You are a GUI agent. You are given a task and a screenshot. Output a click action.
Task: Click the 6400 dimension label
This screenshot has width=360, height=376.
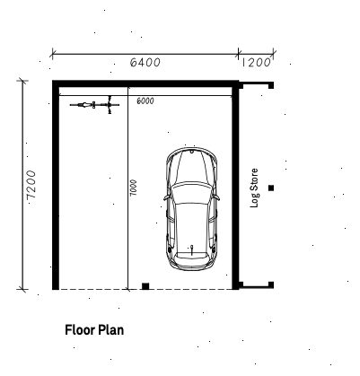[145, 62]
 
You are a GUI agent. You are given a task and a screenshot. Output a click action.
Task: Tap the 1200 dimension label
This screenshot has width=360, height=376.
[256, 62]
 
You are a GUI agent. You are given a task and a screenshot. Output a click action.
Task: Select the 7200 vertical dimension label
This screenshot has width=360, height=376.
[31, 185]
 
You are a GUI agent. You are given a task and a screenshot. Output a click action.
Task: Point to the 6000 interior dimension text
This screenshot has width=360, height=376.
[145, 101]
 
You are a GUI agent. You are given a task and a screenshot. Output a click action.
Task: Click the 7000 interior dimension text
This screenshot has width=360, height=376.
[134, 188]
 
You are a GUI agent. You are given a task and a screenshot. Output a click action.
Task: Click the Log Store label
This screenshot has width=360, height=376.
[254, 188]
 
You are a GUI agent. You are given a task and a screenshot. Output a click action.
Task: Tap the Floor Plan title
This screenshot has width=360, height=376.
[94, 330]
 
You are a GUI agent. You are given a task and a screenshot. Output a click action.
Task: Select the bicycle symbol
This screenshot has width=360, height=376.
[94, 105]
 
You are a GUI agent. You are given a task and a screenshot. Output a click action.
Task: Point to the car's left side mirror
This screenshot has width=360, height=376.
[166, 197]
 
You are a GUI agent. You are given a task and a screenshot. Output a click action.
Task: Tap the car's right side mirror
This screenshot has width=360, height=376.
[216, 197]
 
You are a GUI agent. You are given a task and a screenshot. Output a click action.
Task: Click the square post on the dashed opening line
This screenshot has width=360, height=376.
[145, 286]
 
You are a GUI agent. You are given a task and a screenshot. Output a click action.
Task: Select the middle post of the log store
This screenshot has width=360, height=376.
[271, 188]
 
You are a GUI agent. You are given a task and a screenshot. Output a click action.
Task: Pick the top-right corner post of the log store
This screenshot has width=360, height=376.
[271, 86]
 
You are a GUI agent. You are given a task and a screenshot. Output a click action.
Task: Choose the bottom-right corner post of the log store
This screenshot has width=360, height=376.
[271, 284]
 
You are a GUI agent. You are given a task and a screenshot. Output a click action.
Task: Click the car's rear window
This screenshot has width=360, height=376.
[191, 255]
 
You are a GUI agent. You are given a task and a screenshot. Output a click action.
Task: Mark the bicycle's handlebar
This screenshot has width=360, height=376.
[110, 105]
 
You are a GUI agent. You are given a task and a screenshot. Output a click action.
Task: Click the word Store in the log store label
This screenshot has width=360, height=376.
[254, 179]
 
